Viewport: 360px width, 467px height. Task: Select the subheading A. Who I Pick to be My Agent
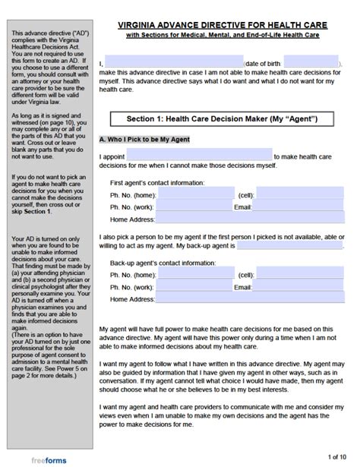144,140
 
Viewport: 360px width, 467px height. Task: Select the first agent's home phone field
197,194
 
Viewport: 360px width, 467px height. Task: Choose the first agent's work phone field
197,206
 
